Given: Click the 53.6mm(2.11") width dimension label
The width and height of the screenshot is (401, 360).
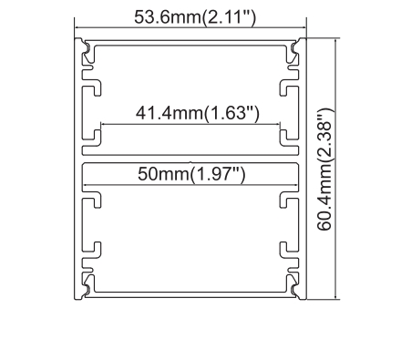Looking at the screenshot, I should pos(190,16).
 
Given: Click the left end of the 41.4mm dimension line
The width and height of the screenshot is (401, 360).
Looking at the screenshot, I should pos(101,125).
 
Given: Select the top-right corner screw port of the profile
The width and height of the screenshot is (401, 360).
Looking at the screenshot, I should pos(297,48).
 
